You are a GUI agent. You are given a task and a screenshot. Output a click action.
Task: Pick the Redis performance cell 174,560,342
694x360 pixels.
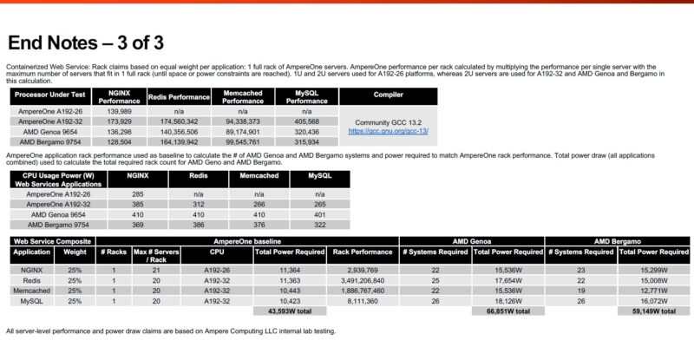pyautogui.click(x=180, y=121)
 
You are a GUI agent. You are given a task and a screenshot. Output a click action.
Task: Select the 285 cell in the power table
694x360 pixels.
pyautogui.click(x=137, y=194)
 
